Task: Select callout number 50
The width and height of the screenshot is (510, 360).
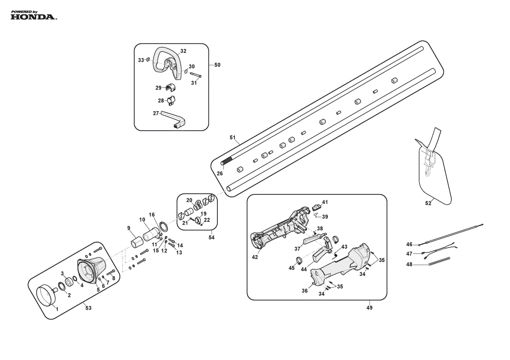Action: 217,65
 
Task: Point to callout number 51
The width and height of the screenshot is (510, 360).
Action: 232,138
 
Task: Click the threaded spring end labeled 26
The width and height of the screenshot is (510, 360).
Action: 227,160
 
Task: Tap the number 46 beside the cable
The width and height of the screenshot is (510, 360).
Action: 409,244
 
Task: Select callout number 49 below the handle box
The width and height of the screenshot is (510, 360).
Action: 369,307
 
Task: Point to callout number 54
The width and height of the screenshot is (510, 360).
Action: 212,238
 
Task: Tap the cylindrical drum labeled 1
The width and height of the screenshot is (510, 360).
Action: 46,295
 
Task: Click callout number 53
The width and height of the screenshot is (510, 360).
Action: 88,308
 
